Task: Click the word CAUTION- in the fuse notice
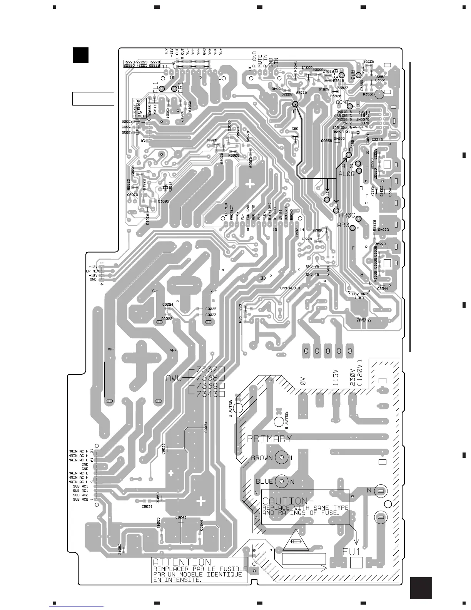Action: [x=285, y=501]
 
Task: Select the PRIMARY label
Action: [x=269, y=439]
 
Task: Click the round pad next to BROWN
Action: [x=282, y=457]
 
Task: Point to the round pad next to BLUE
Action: [x=282, y=481]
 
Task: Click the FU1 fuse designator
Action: [x=352, y=552]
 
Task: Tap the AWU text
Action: [x=174, y=378]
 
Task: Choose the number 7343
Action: [x=207, y=394]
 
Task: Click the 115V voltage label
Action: [x=336, y=378]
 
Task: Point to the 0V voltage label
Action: [x=302, y=381]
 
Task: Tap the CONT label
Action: [x=342, y=102]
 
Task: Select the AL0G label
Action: [x=346, y=174]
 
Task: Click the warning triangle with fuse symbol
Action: [x=296, y=541]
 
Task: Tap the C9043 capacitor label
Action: [x=181, y=517]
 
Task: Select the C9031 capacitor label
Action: [x=147, y=506]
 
